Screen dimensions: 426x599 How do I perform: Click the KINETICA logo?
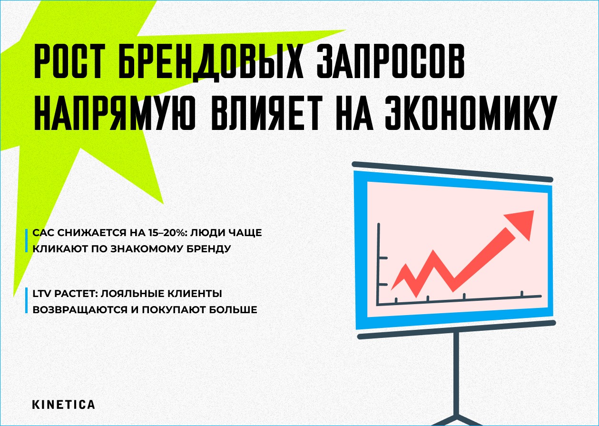pyautogui.click(x=63, y=405)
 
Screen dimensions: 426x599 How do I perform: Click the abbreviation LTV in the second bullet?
pyautogui.click(x=41, y=295)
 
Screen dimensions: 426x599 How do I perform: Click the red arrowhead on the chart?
pyautogui.click(x=520, y=223)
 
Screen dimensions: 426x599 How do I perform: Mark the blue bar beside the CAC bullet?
pyautogui.click(x=27, y=241)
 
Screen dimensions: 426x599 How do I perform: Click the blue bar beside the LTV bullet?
pyautogui.click(x=27, y=302)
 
